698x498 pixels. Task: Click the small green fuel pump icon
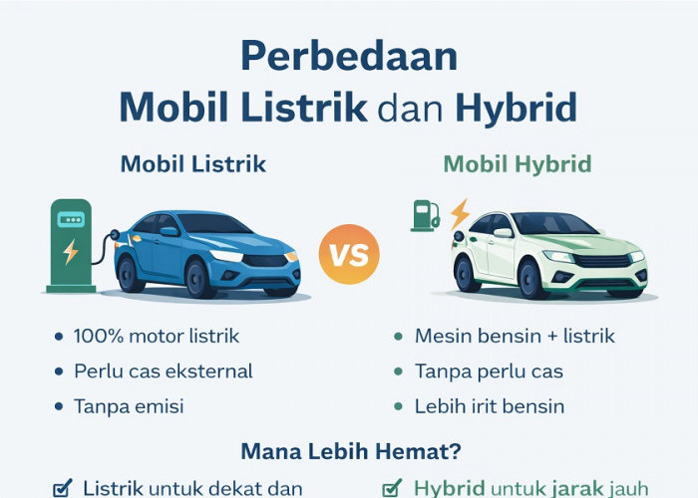tap(425, 215)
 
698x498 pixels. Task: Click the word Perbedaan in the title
tap(349, 57)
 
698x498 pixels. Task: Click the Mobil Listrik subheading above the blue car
tap(193, 164)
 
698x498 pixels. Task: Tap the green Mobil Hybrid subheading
tap(518, 164)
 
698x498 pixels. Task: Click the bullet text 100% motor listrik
tap(157, 337)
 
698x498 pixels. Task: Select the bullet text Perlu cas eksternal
tap(164, 372)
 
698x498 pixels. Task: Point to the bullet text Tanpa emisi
tap(129, 406)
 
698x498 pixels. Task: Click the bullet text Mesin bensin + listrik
tap(515, 337)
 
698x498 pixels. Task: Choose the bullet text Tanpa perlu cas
tap(490, 372)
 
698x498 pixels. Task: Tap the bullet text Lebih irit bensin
tap(490, 406)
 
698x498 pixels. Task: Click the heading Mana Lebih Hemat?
tap(348, 451)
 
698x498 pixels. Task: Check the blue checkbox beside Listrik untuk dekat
tap(62, 488)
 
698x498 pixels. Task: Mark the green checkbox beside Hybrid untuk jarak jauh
tap(394, 488)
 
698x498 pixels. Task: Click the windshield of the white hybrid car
tap(557, 225)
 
